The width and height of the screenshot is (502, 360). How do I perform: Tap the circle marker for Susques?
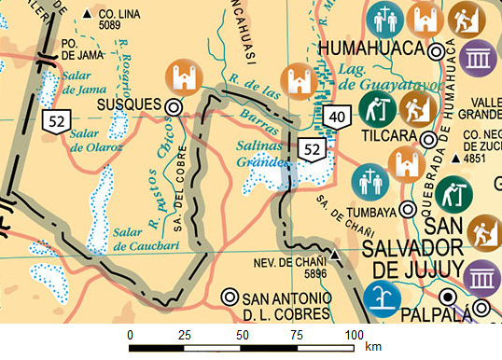(x=173, y=107)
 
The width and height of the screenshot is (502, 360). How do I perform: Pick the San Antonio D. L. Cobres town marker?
(x=229, y=298)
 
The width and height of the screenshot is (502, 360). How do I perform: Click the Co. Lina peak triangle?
(x=89, y=14)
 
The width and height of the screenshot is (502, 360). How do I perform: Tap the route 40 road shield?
(x=337, y=115)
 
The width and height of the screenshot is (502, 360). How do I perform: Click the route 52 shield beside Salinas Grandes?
(x=312, y=147)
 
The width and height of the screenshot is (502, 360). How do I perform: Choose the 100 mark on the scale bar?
(x=353, y=334)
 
